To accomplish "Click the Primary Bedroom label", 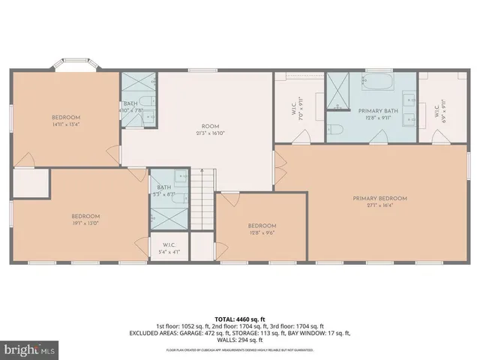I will pyautogui.click(x=379, y=199).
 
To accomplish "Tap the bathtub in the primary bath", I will pyautogui.click(x=382, y=82).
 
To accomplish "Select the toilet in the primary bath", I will pyautogui.click(x=335, y=130).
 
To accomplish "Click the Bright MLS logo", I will pyautogui.click(x=28, y=349).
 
